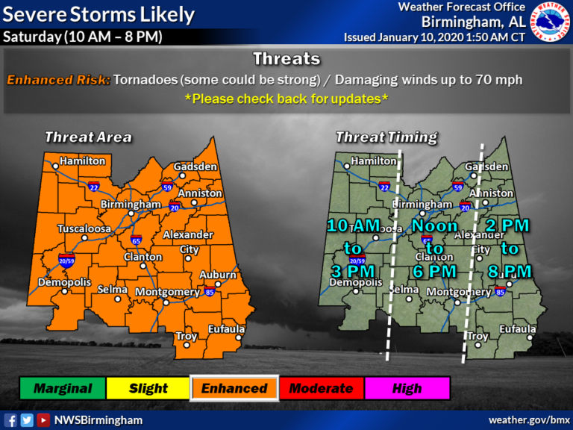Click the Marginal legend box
tap(63, 388)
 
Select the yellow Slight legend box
tap(148, 388)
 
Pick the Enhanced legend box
tap(234, 388)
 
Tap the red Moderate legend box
tap(320, 388)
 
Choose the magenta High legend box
tap(407, 388)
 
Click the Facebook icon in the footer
tap(10, 420)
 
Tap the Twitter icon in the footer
tap(27, 420)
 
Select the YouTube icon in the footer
tap(43, 420)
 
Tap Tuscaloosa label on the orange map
tap(84, 228)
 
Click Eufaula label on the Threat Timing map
tap(518, 329)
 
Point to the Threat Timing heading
tap(386, 137)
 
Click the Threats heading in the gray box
tap(286, 59)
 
